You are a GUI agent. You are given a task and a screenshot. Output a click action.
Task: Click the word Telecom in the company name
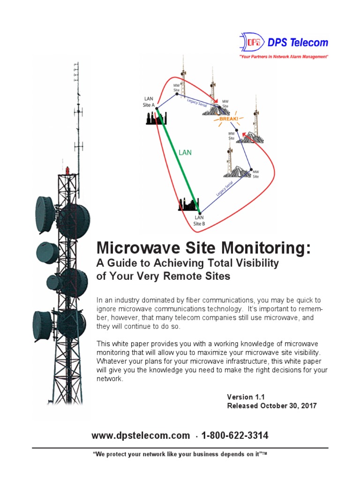pos(311,43)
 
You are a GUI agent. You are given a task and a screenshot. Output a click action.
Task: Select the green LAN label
pos(184,152)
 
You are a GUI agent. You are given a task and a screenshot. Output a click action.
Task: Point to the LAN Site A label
pos(149,102)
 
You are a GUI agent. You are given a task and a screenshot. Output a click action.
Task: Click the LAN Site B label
pos(199,220)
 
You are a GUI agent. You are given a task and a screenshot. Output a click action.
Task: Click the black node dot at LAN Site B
pos(200,212)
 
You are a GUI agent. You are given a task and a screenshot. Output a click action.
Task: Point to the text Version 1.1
pos(246,397)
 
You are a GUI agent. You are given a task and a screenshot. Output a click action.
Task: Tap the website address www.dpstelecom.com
pos(141,435)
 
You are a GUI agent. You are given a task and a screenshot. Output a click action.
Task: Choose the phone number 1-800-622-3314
pos(234,435)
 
